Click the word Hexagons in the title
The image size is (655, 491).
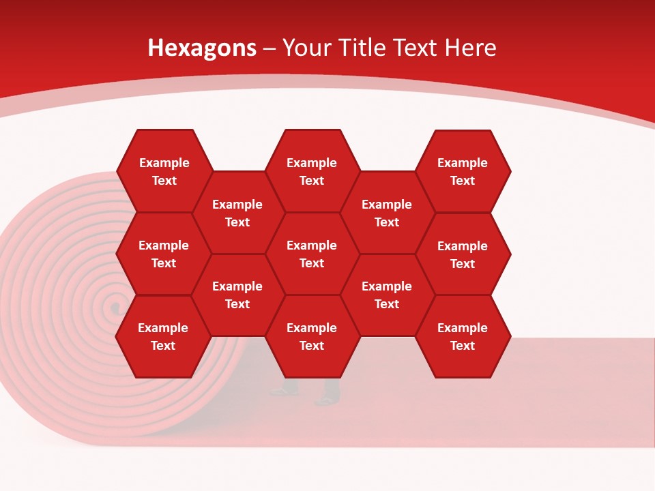click(202, 48)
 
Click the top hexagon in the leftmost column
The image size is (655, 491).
click(164, 171)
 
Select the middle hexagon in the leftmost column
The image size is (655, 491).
click(164, 254)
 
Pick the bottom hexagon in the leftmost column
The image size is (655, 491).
click(163, 336)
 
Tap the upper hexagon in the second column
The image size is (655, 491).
click(237, 213)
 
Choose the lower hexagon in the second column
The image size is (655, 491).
click(237, 295)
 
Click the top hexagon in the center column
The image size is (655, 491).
click(312, 171)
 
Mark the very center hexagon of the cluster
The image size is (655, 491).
click(312, 254)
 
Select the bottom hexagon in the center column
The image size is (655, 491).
click(312, 336)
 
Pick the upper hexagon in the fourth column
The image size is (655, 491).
click(387, 213)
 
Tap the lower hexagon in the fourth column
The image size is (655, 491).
click(387, 295)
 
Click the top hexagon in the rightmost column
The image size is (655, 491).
click(463, 171)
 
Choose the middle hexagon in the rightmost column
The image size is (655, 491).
click(463, 254)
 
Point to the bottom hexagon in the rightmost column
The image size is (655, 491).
click(463, 336)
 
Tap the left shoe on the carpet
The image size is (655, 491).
click(284, 391)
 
